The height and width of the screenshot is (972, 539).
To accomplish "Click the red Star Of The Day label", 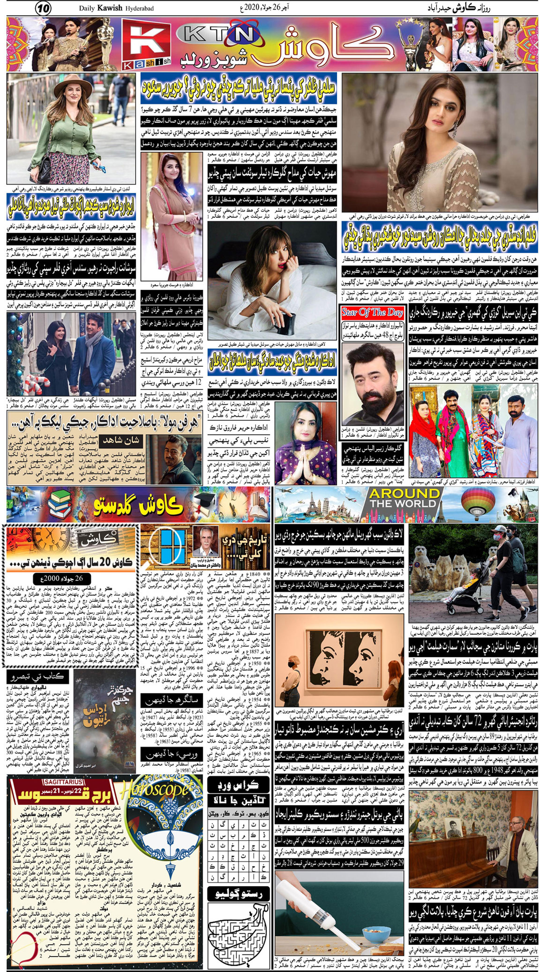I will [x=372, y=312].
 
